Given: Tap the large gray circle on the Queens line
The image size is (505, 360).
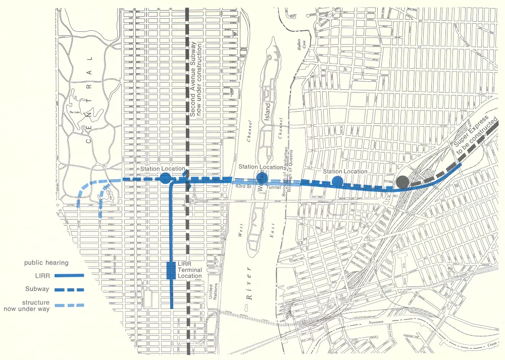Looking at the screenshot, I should pyautogui.click(x=402, y=182).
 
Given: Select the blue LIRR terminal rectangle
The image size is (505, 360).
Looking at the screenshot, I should pyautogui.click(x=171, y=270).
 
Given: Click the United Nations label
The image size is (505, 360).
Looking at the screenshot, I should pyautogui.click(x=213, y=289).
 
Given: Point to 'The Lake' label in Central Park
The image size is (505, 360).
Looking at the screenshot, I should pyautogui.click(x=75, y=112).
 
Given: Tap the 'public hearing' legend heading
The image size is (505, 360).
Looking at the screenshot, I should pyautogui.click(x=46, y=263).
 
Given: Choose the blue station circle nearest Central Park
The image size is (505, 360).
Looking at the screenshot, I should pyautogui.click(x=165, y=178).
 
